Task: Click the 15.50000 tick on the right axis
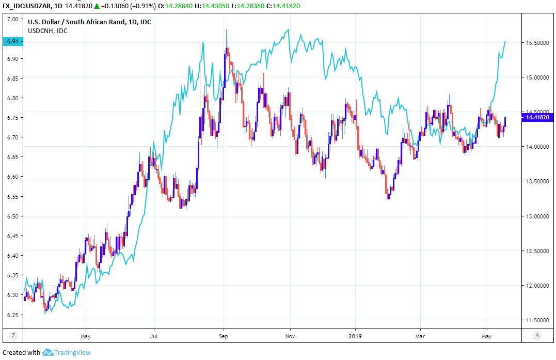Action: (538, 43)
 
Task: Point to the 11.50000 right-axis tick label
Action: (538, 321)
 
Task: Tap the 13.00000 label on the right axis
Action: (538, 216)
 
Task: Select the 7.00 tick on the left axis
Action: (13, 19)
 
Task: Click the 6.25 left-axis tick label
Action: (13, 315)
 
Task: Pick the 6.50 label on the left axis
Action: (13, 216)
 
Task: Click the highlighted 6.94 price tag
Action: (12, 41)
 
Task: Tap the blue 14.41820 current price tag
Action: (538, 118)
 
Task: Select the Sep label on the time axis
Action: (224, 336)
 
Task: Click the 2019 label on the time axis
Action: (356, 336)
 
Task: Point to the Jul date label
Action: (154, 336)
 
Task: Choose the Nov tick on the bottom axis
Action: (290, 336)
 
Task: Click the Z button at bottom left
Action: (13, 335)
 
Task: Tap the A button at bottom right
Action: (538, 335)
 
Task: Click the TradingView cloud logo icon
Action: (48, 352)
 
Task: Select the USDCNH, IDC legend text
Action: (47, 31)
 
